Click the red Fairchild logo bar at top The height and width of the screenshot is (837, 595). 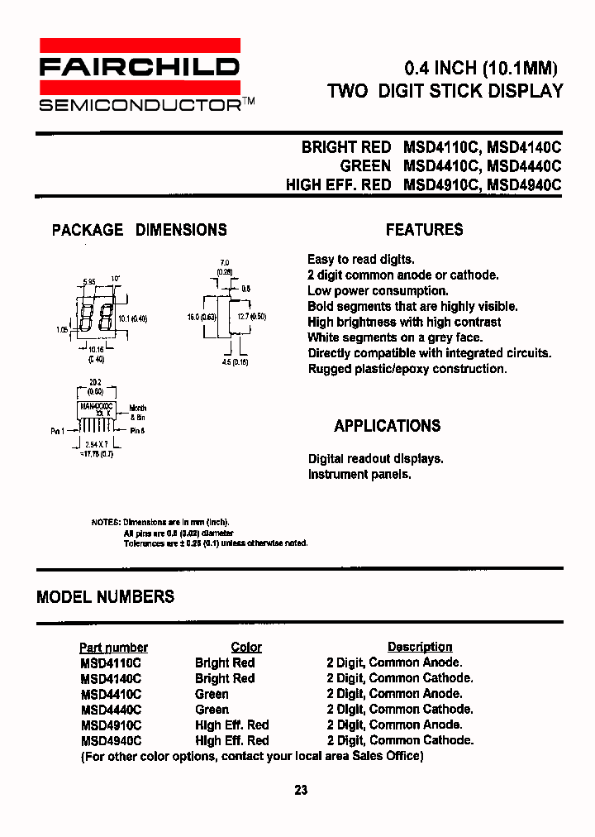coord(139,45)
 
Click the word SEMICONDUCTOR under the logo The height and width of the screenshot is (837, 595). coord(139,105)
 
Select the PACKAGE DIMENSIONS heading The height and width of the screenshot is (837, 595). coord(139,230)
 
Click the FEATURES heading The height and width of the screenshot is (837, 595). coord(424,230)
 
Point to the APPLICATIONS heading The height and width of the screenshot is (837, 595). coord(387,426)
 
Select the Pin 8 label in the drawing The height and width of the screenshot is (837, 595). coord(136,431)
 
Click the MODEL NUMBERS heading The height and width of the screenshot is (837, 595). coord(105,596)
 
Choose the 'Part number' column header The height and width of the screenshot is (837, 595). coord(113,648)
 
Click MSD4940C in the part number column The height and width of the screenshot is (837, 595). coord(111,741)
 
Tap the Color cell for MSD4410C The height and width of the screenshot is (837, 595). coord(212,694)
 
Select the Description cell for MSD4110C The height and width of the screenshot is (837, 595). coord(394,662)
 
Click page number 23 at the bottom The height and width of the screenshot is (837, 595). coord(301,790)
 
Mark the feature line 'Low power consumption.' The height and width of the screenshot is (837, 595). coord(378,290)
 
